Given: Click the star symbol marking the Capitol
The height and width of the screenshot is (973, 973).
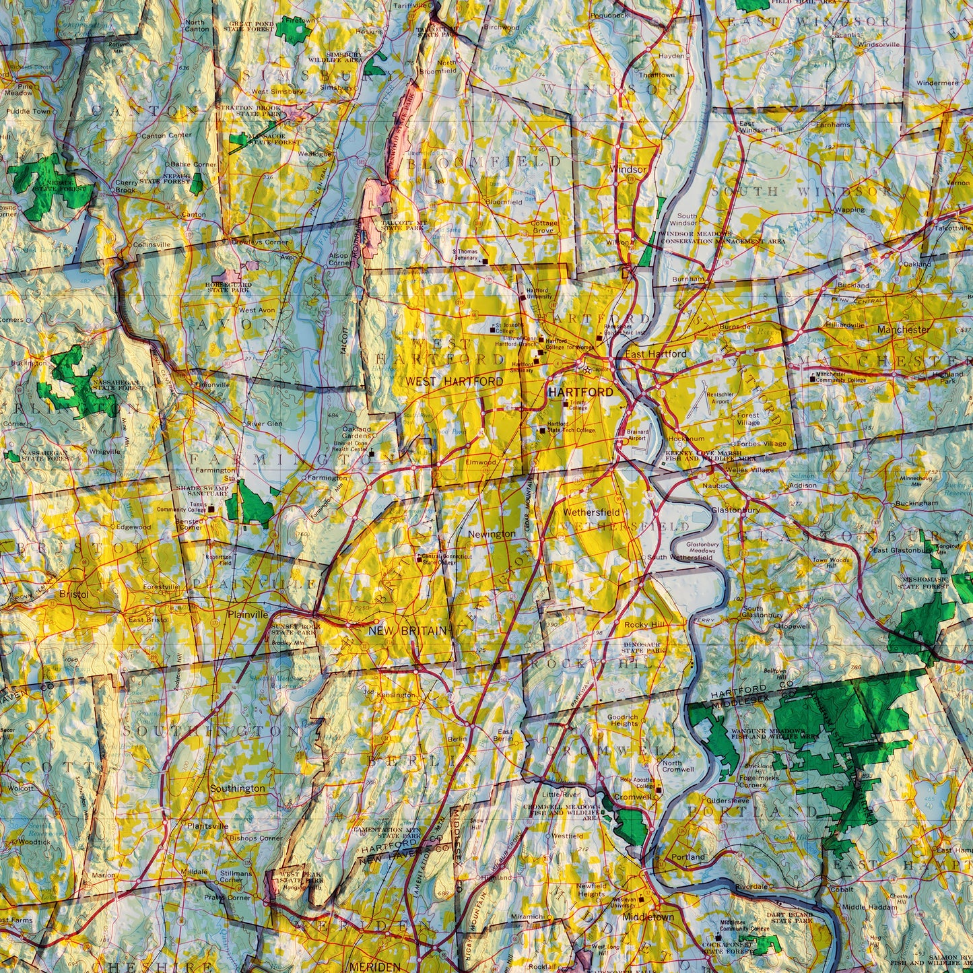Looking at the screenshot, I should (586, 370).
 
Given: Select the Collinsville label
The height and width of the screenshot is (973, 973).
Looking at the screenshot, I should (152, 245).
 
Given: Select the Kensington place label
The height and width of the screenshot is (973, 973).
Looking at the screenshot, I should (397, 694).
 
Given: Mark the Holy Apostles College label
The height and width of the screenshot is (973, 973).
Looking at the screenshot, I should (636, 783).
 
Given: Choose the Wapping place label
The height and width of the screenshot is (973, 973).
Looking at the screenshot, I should (850, 209).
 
